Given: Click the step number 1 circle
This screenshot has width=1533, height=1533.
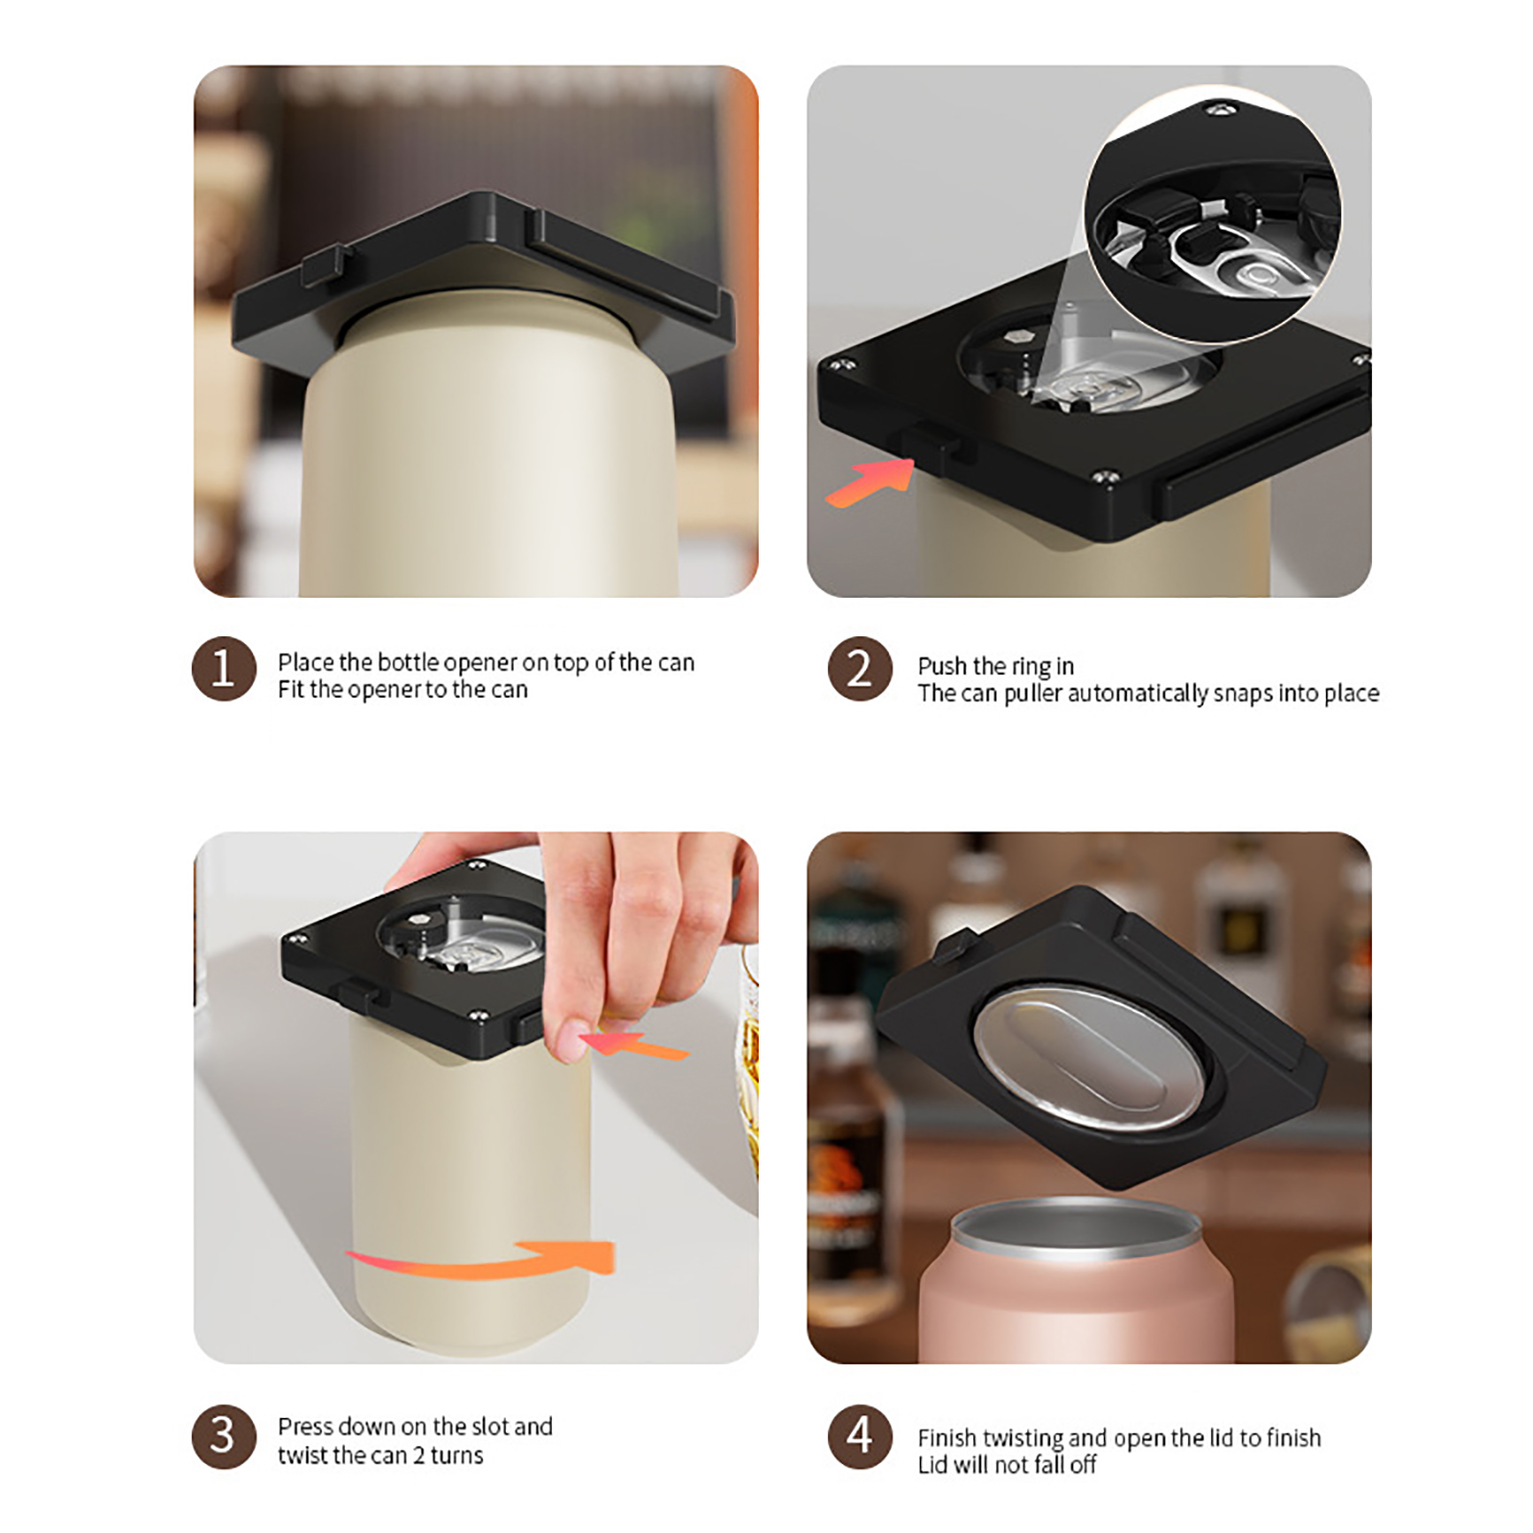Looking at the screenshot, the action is (x=223, y=668).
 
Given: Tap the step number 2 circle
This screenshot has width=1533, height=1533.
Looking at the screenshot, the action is (x=859, y=668).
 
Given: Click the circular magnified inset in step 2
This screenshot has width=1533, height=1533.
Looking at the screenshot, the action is (x=1213, y=215).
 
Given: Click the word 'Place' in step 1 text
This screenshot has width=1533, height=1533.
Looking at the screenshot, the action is (x=306, y=662).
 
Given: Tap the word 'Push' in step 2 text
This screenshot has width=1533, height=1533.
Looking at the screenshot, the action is (x=943, y=666).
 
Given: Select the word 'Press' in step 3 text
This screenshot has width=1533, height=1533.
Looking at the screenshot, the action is (x=306, y=1427).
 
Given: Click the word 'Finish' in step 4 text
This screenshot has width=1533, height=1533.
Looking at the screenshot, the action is (x=948, y=1438).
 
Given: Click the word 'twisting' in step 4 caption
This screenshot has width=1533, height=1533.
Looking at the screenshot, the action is (x=1023, y=1439).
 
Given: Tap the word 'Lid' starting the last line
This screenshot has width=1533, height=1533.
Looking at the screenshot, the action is (x=933, y=1465).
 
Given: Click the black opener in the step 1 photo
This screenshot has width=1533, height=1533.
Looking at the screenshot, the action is (x=484, y=273).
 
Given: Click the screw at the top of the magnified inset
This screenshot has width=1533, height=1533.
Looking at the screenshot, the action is (x=1220, y=113).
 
